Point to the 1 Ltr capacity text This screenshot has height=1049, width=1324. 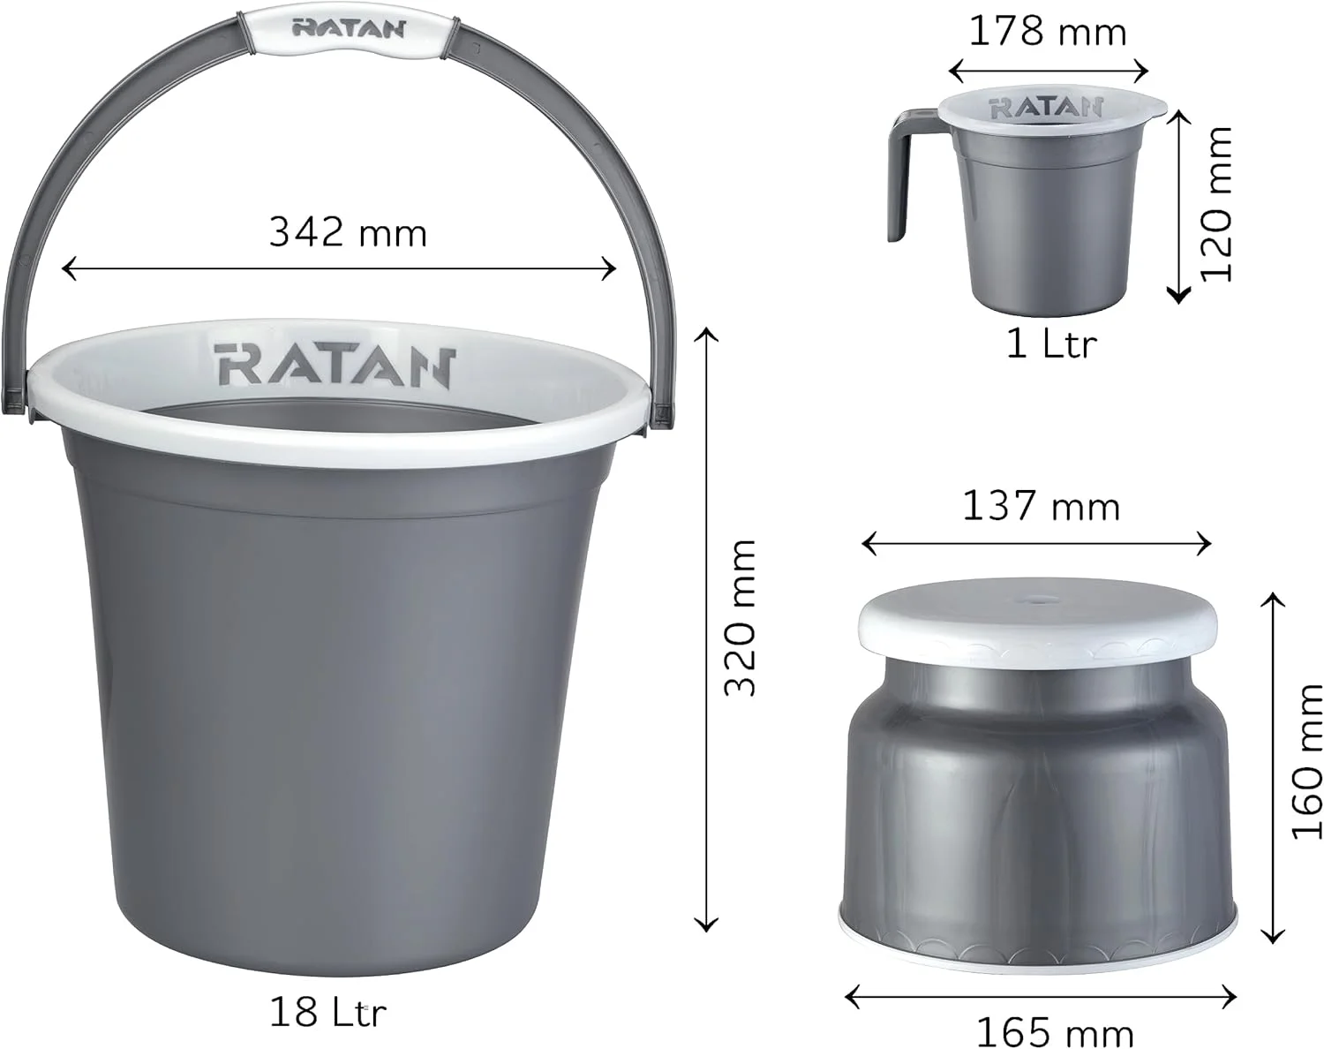(x=1051, y=344)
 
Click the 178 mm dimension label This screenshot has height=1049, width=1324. (x=1048, y=31)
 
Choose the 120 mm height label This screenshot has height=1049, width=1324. (x=1216, y=204)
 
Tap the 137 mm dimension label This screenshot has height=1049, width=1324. (x=1041, y=507)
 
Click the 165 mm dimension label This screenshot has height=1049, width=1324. (x=1055, y=1032)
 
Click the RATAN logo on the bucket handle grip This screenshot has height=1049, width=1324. (x=349, y=29)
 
